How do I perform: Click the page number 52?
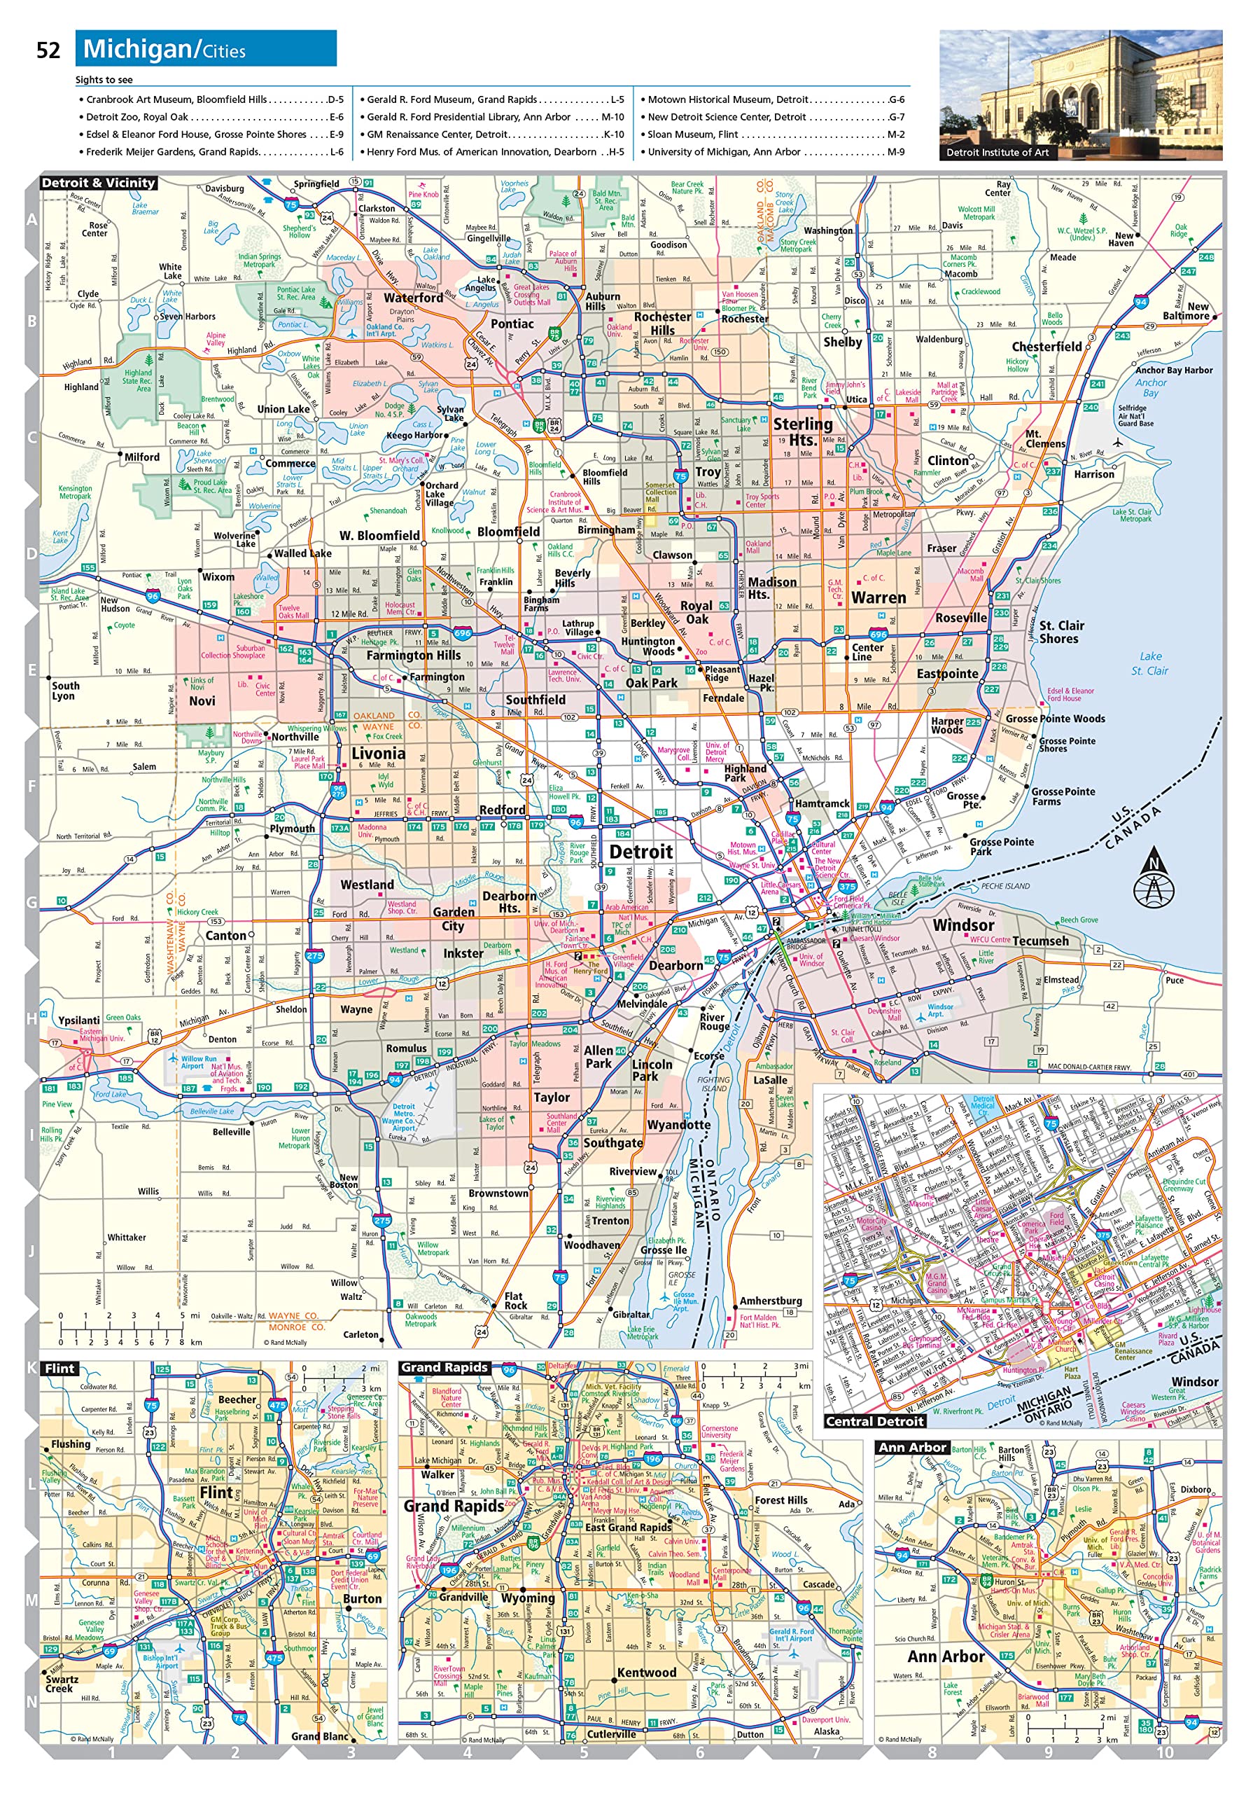click(48, 50)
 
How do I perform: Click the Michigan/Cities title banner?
click(205, 49)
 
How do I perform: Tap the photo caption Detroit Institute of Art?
click(997, 152)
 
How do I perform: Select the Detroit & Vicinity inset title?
click(99, 183)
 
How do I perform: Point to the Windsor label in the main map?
click(963, 925)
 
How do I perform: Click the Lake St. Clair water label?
click(1150, 663)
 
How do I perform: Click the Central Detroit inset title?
click(874, 1421)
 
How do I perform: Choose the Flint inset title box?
click(60, 1368)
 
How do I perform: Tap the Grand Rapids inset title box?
click(444, 1367)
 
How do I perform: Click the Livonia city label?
click(378, 753)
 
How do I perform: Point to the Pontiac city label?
click(512, 324)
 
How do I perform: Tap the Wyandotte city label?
click(678, 1125)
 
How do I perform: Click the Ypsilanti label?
click(79, 1020)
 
